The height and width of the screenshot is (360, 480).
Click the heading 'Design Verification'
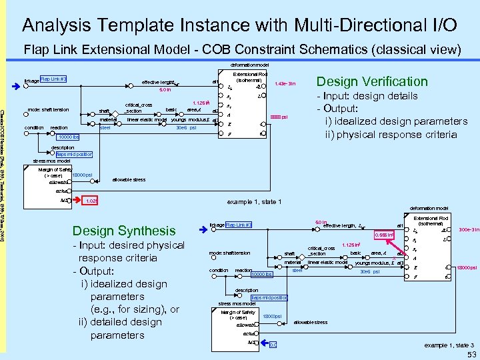coord(372,82)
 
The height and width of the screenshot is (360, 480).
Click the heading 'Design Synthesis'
coord(123,231)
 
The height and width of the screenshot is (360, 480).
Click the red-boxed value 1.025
coord(92,201)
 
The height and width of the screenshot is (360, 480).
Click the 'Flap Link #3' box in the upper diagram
coord(53,79)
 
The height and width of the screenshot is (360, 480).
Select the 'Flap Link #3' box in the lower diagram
coord(239,225)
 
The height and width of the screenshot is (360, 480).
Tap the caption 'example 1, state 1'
coord(255,202)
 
